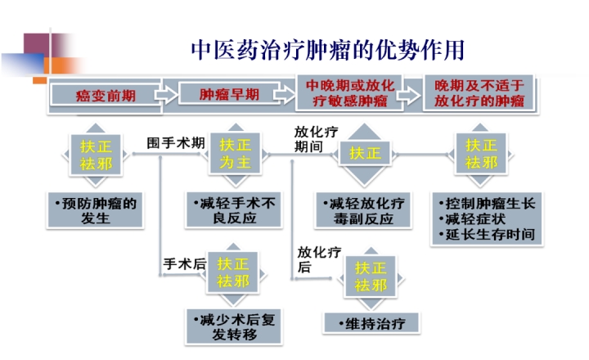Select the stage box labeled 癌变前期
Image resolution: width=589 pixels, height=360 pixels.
(105, 96)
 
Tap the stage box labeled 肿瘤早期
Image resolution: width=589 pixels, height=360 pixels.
(230, 95)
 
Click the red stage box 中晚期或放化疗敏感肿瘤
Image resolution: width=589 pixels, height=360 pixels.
(351, 94)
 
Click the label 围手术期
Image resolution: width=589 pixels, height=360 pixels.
(175, 142)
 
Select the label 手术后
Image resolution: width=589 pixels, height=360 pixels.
(183, 263)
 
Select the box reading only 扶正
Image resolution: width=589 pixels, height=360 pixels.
(365, 153)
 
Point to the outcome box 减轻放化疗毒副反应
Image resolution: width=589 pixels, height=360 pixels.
(364, 211)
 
